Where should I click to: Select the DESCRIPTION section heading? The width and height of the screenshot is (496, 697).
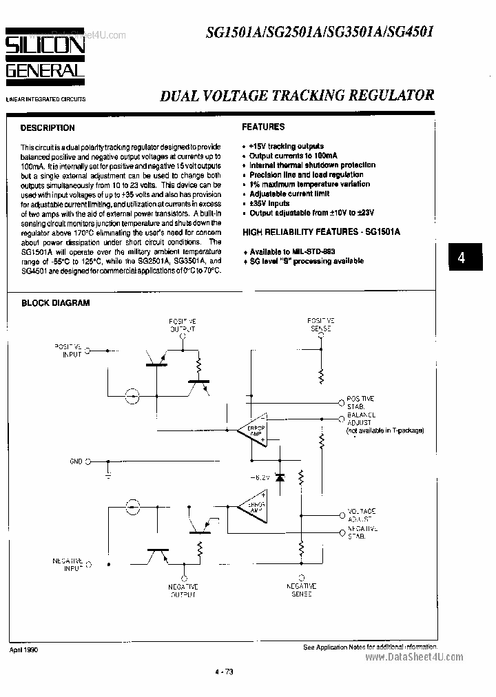tap(48, 128)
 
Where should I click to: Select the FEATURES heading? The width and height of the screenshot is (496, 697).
tap(263, 127)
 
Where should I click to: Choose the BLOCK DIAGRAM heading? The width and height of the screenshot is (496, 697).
tap(55, 302)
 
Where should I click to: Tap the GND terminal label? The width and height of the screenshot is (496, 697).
tap(76, 461)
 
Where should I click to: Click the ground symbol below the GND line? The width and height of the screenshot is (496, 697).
tap(108, 475)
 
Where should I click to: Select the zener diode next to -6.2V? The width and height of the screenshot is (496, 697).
tap(280, 477)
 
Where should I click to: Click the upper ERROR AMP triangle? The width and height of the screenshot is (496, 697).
tap(250, 431)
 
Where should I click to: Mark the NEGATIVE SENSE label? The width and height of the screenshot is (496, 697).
tap(300, 589)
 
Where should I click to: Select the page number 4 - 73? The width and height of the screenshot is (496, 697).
tap(225, 672)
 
